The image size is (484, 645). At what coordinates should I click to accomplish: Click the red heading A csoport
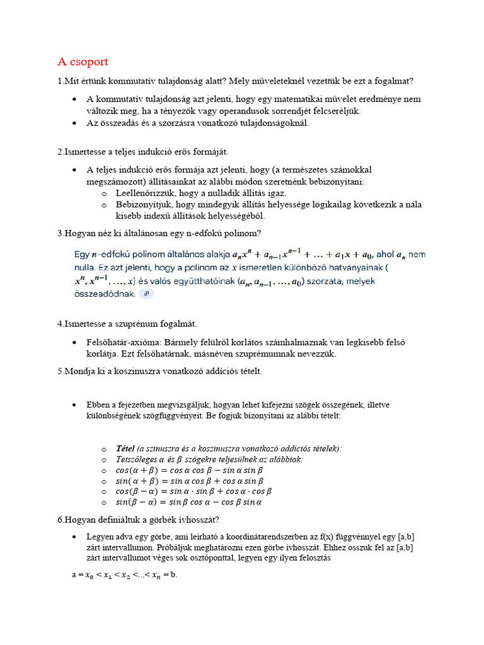coord(83,62)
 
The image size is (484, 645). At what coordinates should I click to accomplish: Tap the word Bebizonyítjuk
coord(144,205)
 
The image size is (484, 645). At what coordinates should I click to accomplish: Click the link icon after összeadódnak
coord(146,294)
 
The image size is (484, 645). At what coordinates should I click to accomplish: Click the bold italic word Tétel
coord(125,448)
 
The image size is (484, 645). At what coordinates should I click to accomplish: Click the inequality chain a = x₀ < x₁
coord(125,575)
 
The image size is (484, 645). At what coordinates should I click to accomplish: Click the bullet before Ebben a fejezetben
coord(74,404)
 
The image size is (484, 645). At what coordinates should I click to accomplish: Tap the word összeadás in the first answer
coord(120,123)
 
